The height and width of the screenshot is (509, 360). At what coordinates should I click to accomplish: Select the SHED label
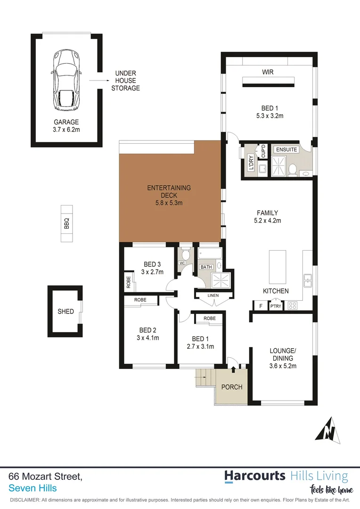click(65, 312)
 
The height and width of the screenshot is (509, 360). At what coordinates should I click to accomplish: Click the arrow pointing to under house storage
click(97, 81)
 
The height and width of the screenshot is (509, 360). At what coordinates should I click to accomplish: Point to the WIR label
click(268, 72)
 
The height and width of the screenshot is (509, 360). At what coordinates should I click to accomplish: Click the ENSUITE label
click(286, 149)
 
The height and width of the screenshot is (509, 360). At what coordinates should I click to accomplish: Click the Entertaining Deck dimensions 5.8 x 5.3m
click(169, 203)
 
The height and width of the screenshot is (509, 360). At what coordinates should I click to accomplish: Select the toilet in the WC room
click(186, 255)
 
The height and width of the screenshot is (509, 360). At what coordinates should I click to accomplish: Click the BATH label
click(206, 267)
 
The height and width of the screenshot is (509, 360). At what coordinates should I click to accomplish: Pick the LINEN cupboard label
click(213, 296)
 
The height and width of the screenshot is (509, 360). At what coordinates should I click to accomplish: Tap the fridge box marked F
click(261, 306)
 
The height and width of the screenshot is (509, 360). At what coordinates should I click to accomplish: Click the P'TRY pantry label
click(275, 306)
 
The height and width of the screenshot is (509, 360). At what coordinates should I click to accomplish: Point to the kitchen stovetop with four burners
click(292, 305)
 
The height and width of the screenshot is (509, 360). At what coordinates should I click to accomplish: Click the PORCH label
click(232, 387)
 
